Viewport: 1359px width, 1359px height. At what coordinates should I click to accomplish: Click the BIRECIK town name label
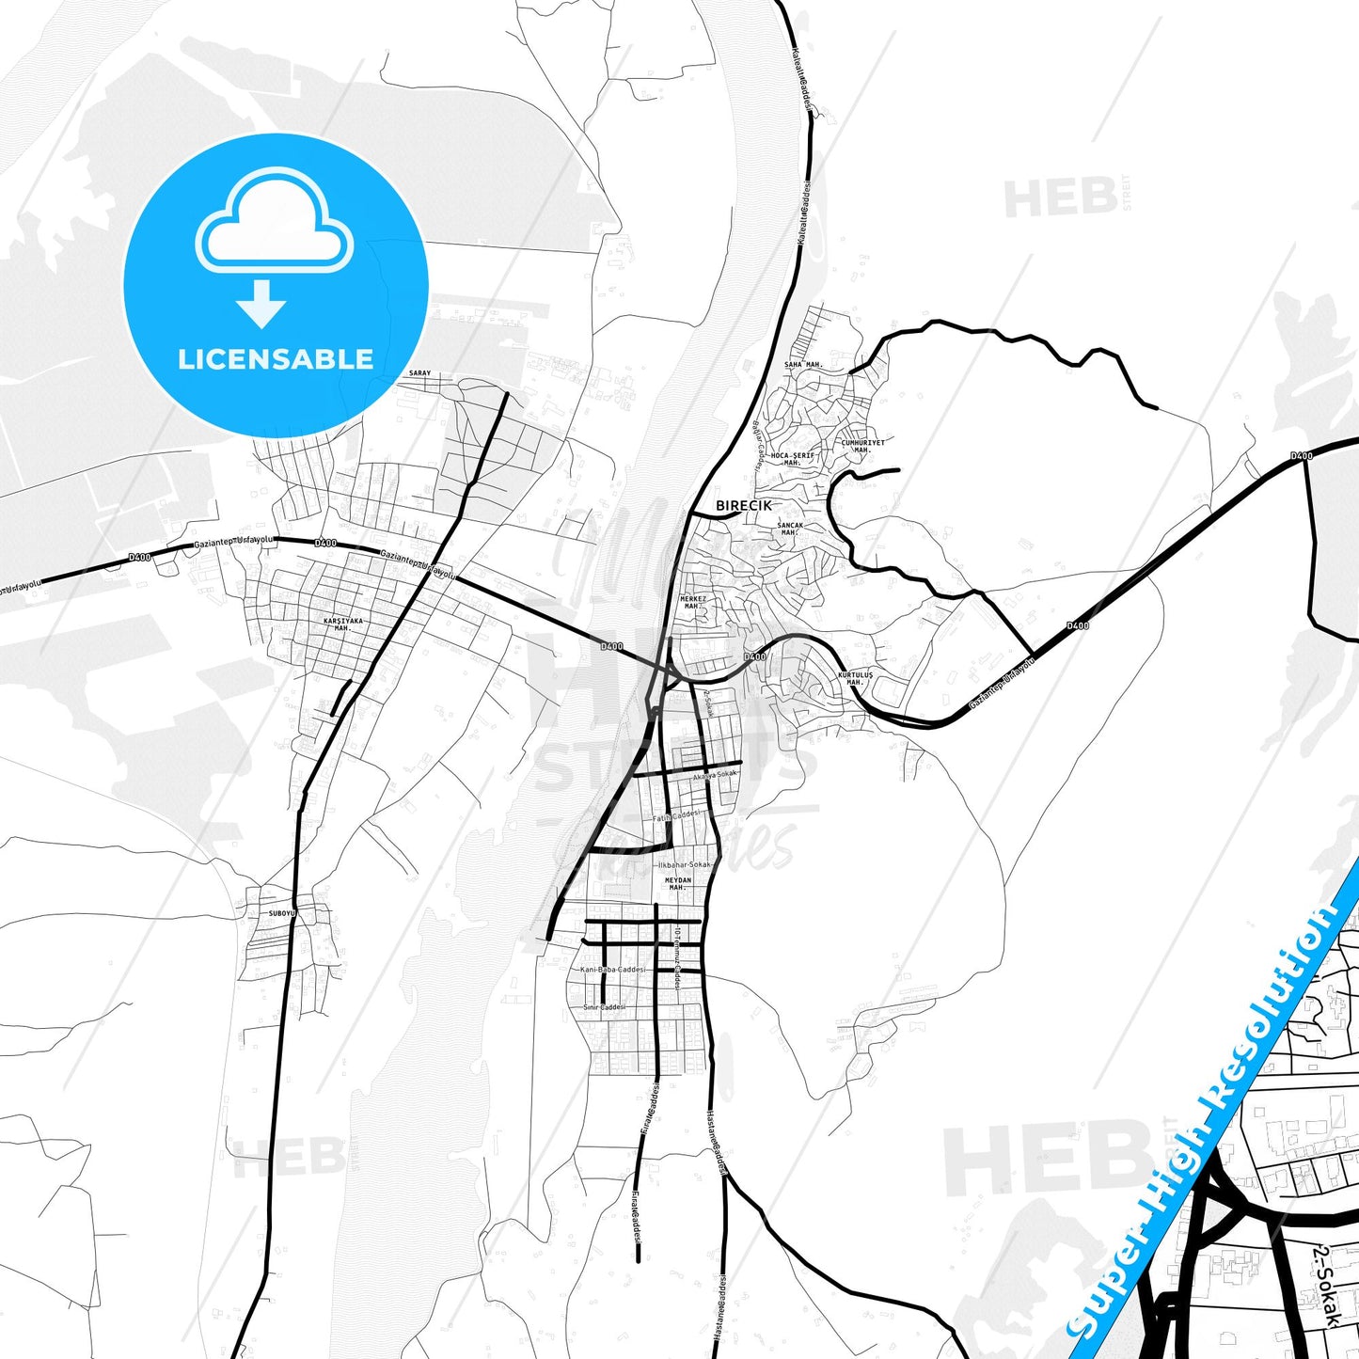click(x=743, y=506)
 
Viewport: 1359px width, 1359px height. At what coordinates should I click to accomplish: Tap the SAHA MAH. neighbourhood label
click(x=804, y=365)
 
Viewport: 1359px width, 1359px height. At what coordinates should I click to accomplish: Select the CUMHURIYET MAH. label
click(x=862, y=446)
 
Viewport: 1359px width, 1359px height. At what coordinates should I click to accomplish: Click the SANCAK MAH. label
click(x=790, y=529)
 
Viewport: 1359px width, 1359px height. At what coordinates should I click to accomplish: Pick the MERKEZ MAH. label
click(x=693, y=602)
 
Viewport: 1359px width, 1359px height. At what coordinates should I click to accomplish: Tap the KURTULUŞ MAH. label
click(x=855, y=678)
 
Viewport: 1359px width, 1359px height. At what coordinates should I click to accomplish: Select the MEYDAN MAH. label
click(x=678, y=883)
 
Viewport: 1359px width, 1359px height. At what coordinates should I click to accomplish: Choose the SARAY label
click(x=419, y=373)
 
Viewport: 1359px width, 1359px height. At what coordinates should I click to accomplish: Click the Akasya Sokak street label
click(x=715, y=775)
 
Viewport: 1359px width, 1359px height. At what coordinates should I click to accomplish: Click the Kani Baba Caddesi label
click(x=613, y=969)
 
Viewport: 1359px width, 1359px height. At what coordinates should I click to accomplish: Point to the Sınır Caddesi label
click(x=605, y=1007)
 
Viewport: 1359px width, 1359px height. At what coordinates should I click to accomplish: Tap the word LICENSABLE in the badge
click(x=276, y=359)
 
